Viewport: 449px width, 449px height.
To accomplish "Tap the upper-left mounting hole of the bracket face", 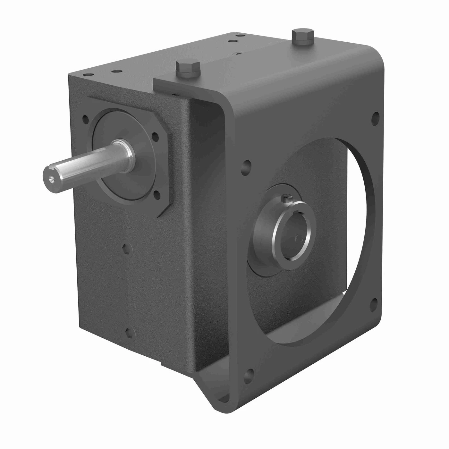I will (x=247, y=167).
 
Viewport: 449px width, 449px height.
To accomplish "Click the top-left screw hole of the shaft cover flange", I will (x=85, y=119).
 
